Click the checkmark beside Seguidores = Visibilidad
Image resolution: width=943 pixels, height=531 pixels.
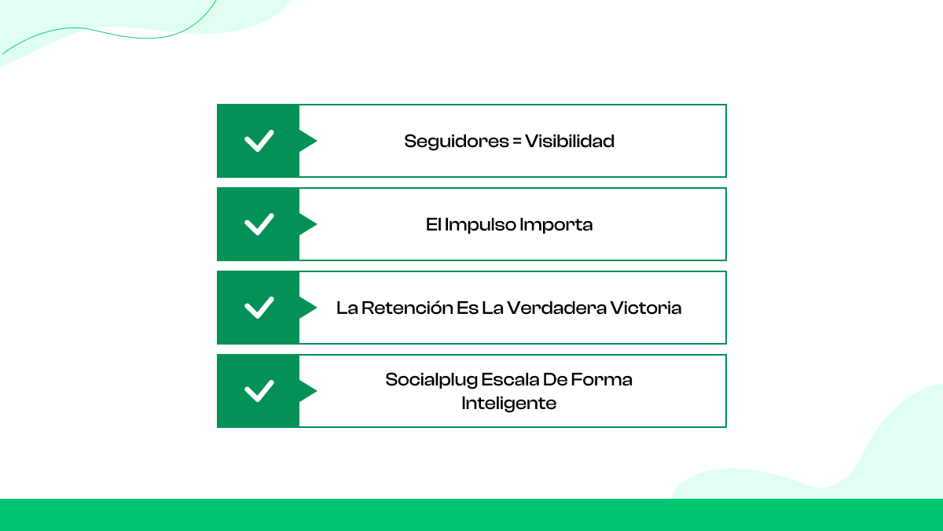[x=259, y=141]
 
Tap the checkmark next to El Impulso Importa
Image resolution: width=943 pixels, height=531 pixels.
[x=259, y=224]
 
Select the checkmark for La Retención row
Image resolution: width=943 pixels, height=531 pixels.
[x=259, y=308]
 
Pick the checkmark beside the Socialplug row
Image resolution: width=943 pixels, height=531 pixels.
[x=259, y=391]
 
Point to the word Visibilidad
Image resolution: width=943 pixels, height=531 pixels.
[x=570, y=142]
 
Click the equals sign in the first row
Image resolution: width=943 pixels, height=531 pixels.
[x=516, y=142]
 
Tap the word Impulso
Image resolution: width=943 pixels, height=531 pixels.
[x=481, y=225]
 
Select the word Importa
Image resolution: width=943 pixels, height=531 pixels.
[x=556, y=225]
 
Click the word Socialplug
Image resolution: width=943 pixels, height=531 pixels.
[x=430, y=380]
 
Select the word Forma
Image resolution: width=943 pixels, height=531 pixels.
[x=601, y=380]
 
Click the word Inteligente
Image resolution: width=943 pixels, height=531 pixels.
[x=509, y=404]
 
